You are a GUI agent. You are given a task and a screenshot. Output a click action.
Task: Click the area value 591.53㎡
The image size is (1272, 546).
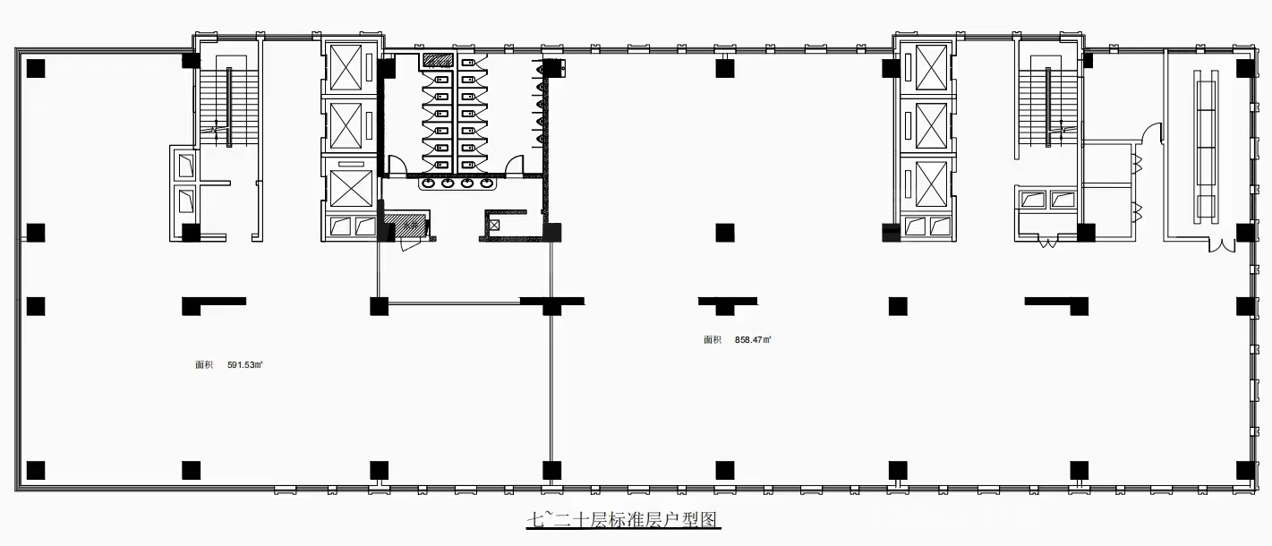click(244, 365)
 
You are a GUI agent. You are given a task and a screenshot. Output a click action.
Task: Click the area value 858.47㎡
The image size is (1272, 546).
click(753, 340)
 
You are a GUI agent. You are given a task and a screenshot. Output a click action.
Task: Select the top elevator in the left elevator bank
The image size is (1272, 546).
click(346, 68)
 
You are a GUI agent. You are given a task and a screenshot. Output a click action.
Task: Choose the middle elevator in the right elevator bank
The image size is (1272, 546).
click(931, 126)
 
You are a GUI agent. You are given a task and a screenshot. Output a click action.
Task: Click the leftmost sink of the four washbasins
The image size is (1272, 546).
click(429, 183)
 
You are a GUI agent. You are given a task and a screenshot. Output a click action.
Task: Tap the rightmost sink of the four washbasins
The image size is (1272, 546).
click(486, 183)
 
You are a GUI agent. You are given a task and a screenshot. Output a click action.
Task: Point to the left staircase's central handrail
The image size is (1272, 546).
click(229, 107)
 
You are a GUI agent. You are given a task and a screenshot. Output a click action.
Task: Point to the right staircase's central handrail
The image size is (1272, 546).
click(1047, 107)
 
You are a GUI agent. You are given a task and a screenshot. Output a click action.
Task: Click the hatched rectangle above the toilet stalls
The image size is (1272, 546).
click(439, 60)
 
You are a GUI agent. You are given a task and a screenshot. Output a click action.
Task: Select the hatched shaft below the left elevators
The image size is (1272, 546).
click(406, 224)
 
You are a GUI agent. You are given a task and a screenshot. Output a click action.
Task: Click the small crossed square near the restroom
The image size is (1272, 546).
click(494, 226)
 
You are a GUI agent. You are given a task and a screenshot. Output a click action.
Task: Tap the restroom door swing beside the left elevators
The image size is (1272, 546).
click(397, 165)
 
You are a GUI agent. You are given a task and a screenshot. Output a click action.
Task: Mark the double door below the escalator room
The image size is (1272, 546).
click(1222, 246)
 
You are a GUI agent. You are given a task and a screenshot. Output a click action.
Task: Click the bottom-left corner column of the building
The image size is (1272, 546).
click(36, 471)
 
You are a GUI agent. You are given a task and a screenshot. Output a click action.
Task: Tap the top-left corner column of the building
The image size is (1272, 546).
click(36, 68)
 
